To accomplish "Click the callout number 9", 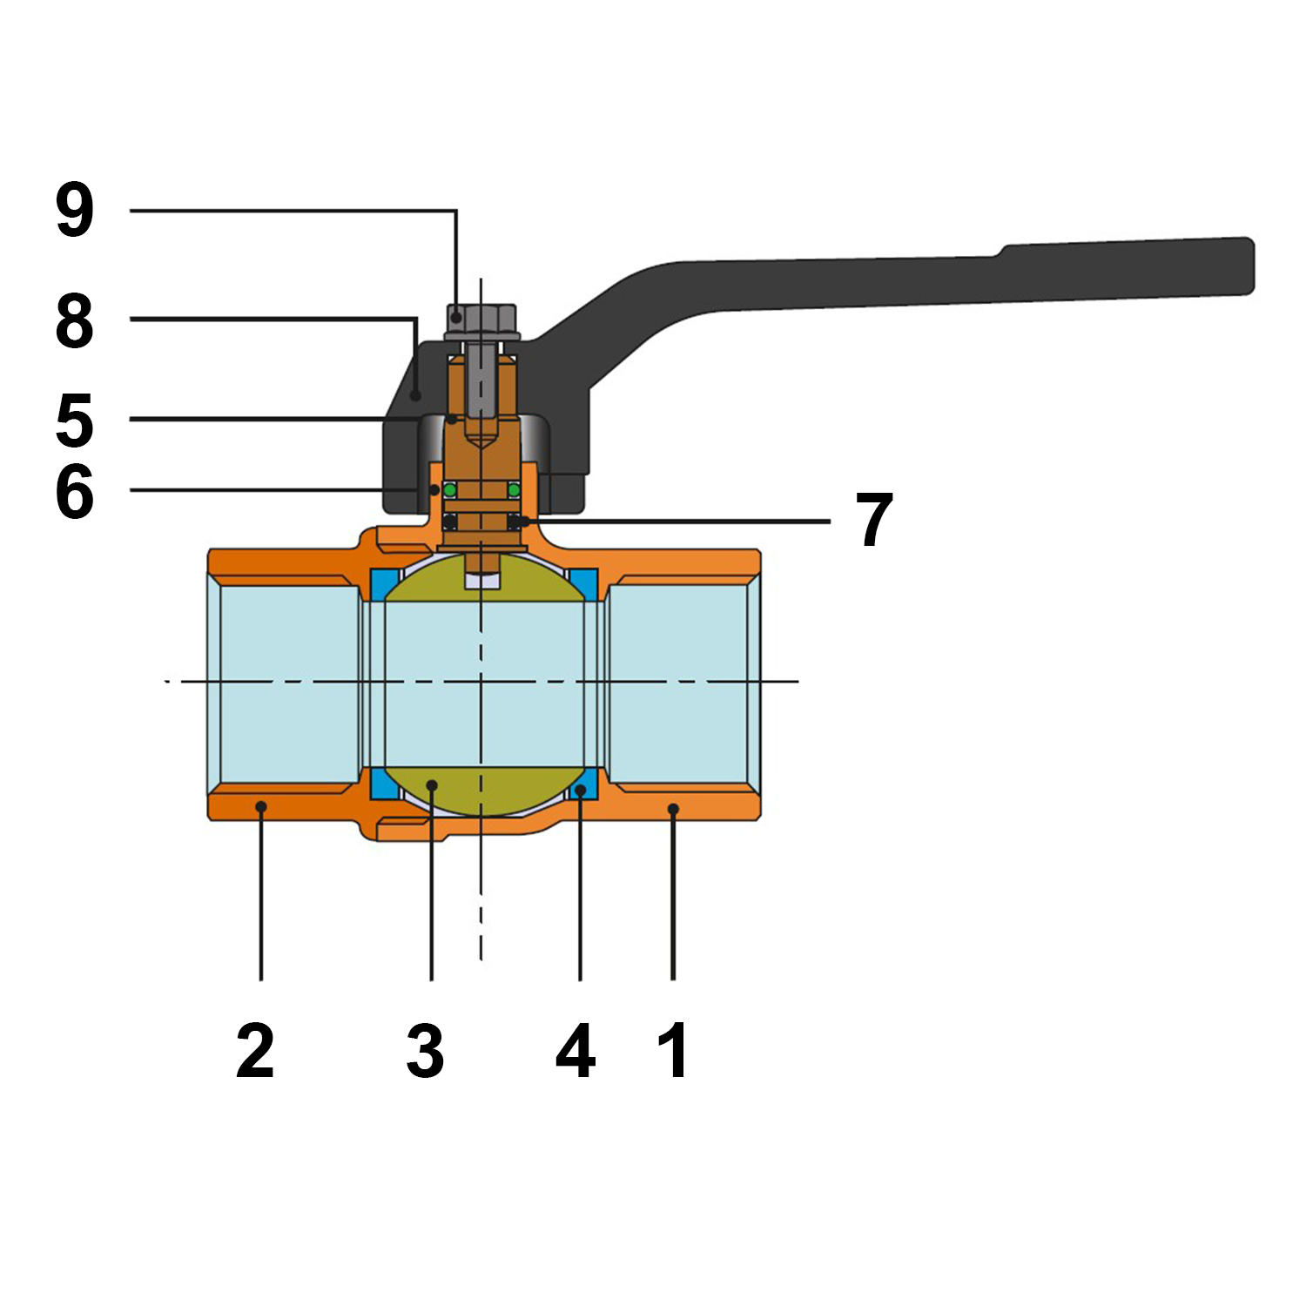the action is click(x=75, y=210).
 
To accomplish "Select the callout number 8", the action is click(x=75, y=320).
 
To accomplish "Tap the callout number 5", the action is click(x=75, y=420).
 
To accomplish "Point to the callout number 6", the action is click(x=75, y=492).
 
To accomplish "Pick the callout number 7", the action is click(x=874, y=520).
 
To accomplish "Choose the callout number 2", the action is click(x=255, y=1051).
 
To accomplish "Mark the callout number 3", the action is click(x=426, y=1051).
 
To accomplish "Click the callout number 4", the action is click(x=576, y=1051).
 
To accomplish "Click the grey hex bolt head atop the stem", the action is click(x=481, y=321).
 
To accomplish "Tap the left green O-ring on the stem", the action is click(x=450, y=491).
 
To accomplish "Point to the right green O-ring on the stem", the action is click(x=514, y=491).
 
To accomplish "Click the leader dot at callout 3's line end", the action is click(x=432, y=786).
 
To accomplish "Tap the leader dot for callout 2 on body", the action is click(x=260, y=807).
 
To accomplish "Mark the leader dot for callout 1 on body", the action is click(x=673, y=810).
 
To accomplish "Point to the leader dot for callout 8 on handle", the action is click(x=416, y=395).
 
